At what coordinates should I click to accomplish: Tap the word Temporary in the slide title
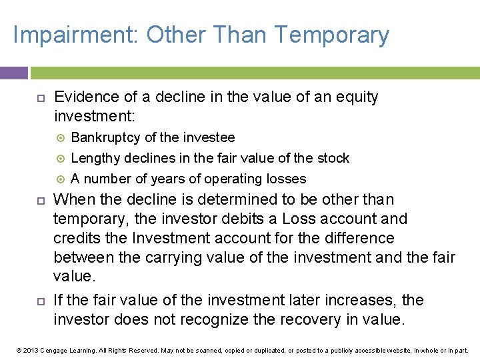(x=331, y=35)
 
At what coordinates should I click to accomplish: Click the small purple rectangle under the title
(x=13, y=73)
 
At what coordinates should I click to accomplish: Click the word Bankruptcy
(x=105, y=138)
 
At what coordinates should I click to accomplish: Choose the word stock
(x=331, y=159)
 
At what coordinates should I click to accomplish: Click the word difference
(x=364, y=239)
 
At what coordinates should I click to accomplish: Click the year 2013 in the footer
(x=30, y=350)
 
